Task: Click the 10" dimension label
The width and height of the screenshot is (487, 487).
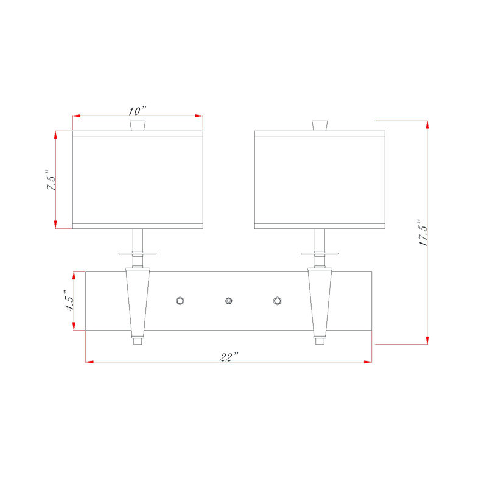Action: tap(138, 111)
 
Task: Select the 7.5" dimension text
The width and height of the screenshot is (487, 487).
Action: tap(51, 180)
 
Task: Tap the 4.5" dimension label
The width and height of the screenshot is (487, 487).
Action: tap(69, 301)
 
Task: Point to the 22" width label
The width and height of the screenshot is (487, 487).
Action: tap(229, 357)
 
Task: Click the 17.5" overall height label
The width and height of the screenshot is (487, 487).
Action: tap(423, 233)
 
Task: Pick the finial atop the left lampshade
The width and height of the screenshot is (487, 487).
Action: tap(138, 125)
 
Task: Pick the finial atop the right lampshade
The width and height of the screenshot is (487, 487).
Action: tap(320, 125)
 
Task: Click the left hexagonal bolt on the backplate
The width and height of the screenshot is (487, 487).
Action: tap(180, 301)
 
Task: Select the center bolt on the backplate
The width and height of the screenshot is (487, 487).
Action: tap(229, 301)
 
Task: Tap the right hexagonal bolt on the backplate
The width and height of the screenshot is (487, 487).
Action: tap(278, 301)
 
